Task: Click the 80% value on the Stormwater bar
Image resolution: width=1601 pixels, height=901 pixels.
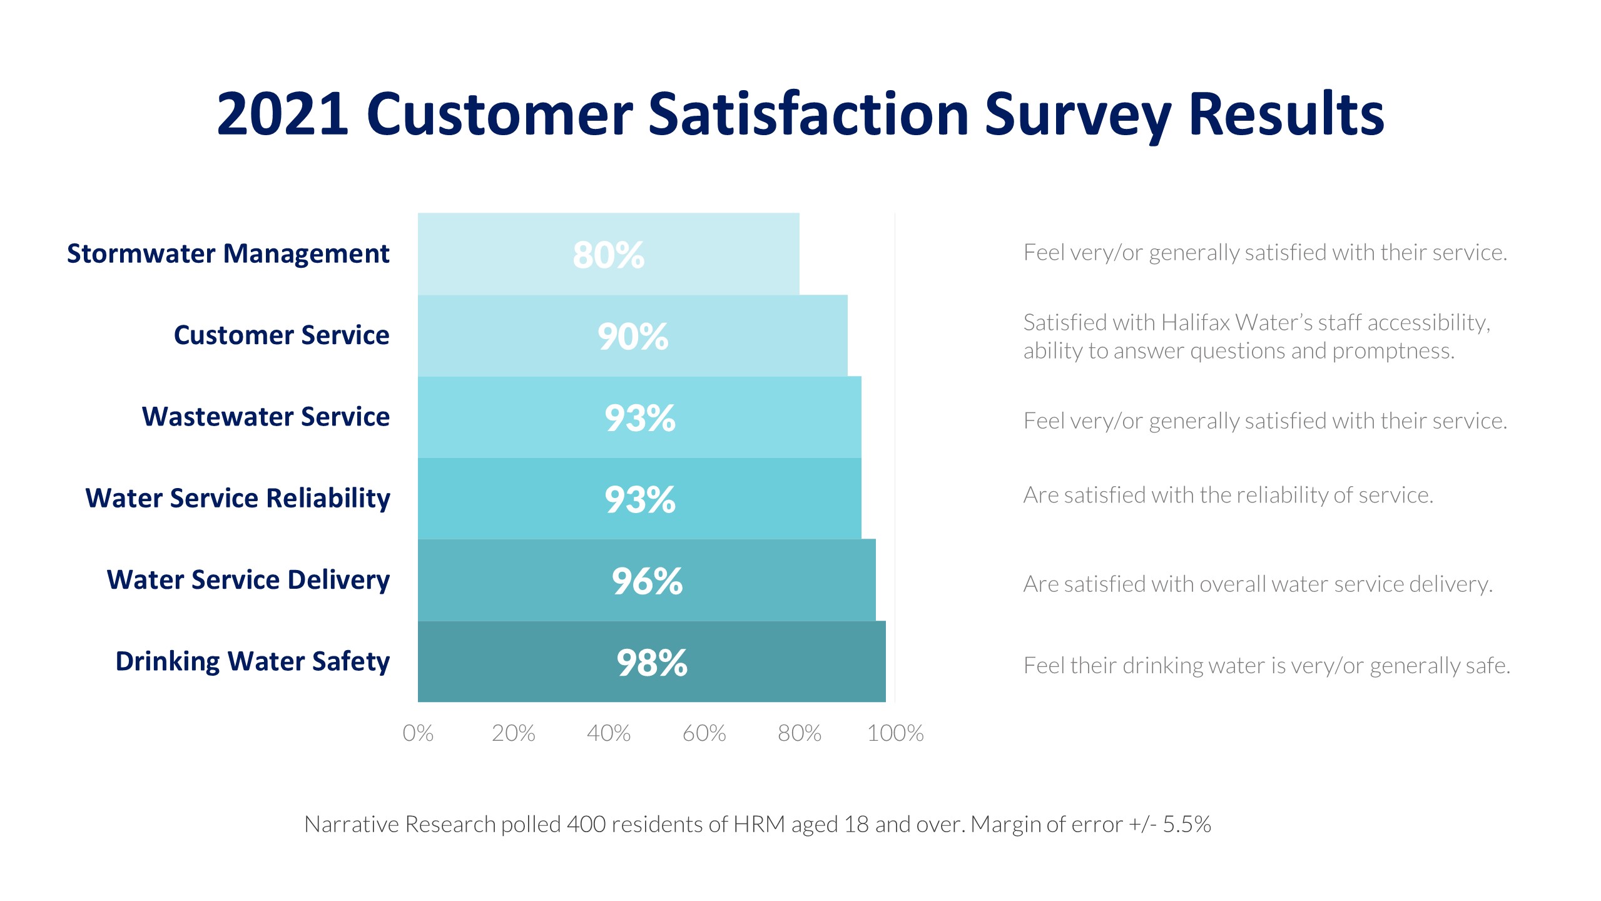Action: (608, 255)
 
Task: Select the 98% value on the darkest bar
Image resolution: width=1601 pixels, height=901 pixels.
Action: (652, 663)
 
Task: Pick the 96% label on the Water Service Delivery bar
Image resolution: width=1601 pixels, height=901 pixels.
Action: (647, 581)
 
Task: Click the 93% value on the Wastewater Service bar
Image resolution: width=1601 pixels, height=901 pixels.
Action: (640, 418)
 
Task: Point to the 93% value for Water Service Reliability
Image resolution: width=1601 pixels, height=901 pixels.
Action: (640, 499)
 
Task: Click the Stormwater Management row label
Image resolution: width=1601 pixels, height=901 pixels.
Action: (228, 254)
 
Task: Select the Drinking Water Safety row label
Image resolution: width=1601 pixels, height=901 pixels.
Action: (252, 662)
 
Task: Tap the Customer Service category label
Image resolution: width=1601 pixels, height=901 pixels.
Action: (281, 335)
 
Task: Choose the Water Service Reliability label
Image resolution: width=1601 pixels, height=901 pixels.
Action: (237, 499)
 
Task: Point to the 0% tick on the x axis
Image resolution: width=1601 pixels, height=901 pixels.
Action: (418, 733)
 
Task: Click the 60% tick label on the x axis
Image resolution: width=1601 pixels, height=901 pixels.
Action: (704, 733)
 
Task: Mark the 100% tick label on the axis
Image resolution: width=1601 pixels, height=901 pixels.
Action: (895, 733)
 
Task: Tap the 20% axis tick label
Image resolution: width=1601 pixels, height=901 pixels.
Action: (513, 733)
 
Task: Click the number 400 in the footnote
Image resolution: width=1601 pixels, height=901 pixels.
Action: (586, 824)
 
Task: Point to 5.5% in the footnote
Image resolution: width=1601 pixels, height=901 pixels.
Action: (1187, 824)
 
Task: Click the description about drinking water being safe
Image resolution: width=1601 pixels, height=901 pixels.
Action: (1266, 665)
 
